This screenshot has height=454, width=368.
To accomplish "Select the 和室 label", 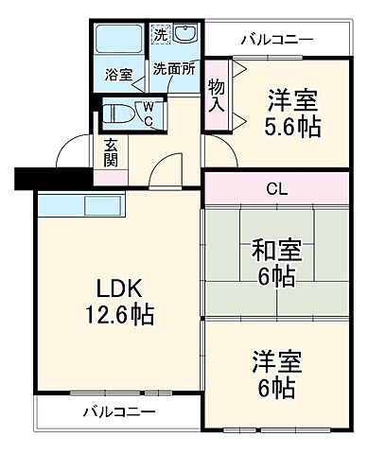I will [x=276, y=251].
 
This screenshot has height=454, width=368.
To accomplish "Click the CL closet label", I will [x=277, y=187].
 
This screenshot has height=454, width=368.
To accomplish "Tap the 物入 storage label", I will [x=217, y=96].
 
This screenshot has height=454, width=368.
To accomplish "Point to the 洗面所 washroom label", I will [x=173, y=70].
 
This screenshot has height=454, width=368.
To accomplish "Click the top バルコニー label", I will [x=276, y=40].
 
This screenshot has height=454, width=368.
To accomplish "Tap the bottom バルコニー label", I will [x=118, y=411].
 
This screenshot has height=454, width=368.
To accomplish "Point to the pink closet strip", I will [x=277, y=187].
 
